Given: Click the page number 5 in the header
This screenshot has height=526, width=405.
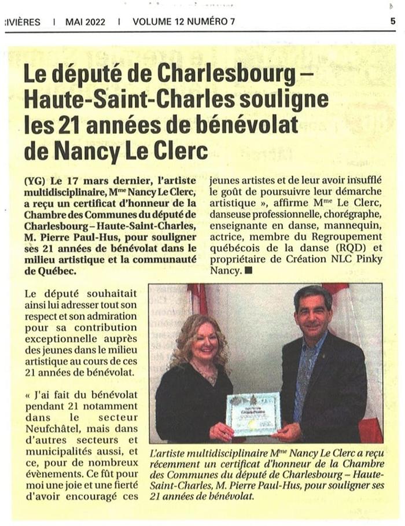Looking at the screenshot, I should (393, 21).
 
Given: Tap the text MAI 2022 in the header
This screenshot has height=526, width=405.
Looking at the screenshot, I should (85, 22).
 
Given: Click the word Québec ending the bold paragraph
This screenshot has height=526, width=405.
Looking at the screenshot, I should (56, 270).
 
